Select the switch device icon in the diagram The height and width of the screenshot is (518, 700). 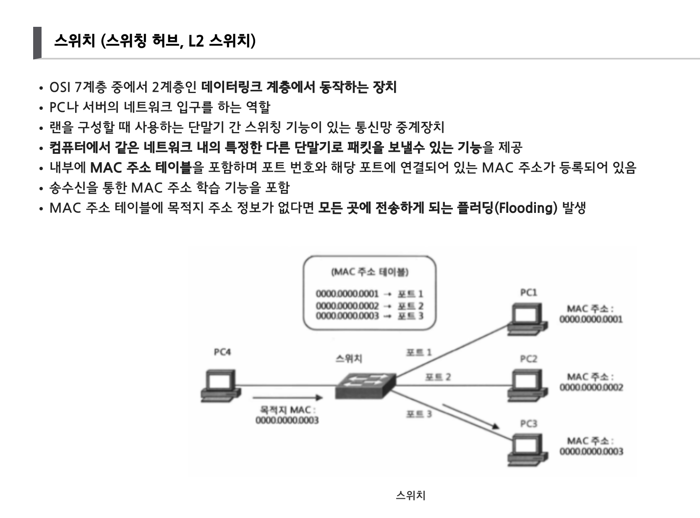366,386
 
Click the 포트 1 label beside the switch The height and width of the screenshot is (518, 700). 418,352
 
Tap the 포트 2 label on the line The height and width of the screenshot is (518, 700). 438,377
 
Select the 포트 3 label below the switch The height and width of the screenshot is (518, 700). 418,414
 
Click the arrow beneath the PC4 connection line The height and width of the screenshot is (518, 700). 287,397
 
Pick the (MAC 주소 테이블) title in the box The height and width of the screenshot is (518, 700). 370,272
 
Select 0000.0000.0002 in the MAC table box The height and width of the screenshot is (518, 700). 347,306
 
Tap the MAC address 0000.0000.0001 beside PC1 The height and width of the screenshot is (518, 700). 590,319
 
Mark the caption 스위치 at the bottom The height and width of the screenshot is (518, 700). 410,495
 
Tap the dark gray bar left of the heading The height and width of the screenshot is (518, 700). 37,43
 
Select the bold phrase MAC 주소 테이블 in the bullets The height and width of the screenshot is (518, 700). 141,168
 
